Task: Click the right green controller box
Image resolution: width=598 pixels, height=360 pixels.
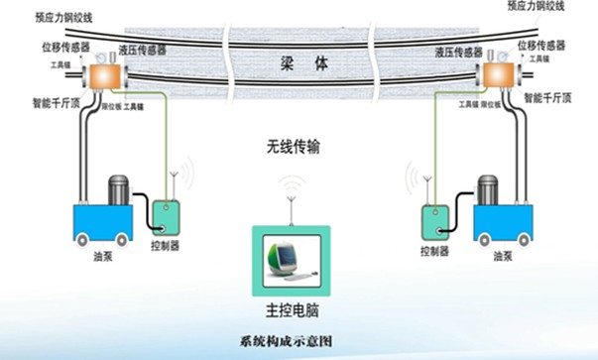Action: coord(433,220)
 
